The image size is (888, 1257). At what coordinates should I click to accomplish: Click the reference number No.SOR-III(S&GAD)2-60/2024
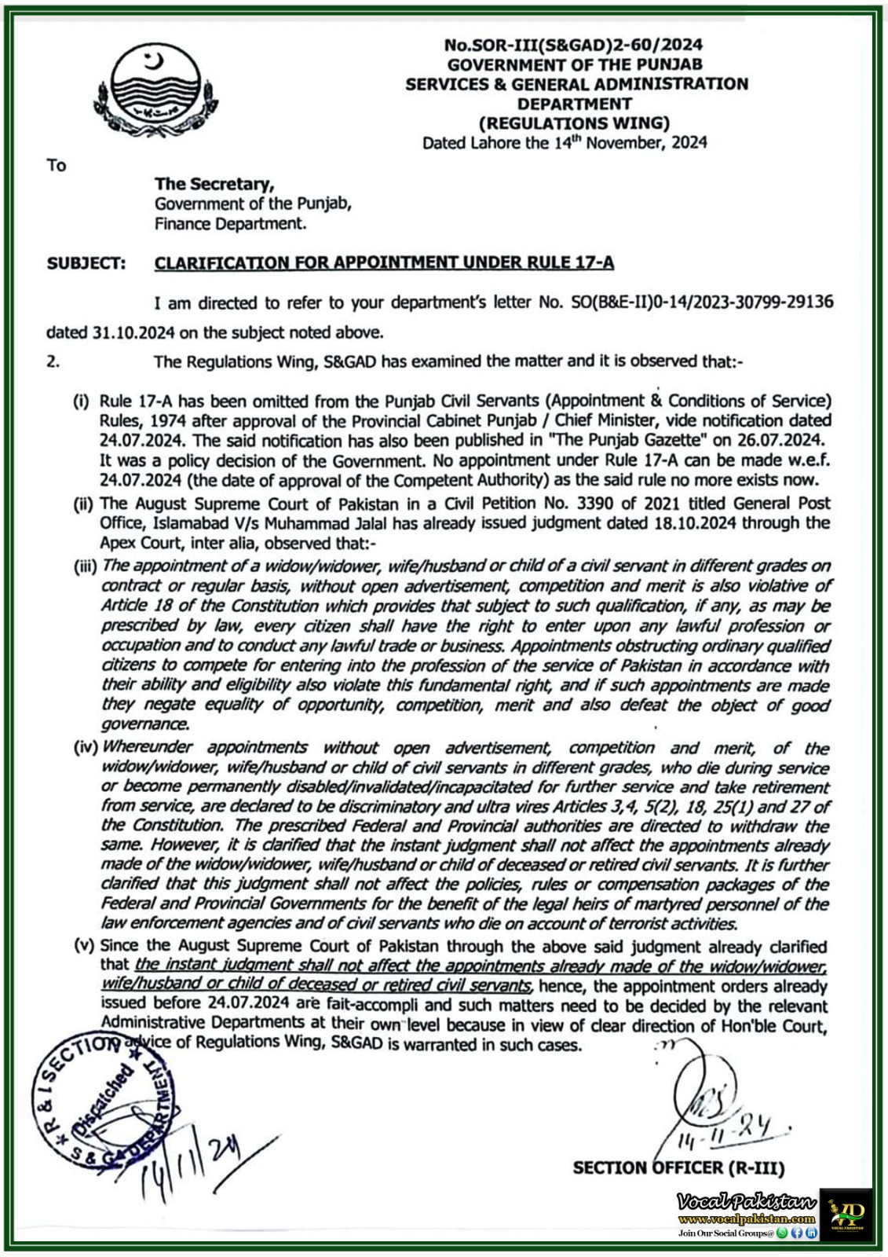[573, 45]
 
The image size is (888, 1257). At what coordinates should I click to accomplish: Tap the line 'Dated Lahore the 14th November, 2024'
[565, 143]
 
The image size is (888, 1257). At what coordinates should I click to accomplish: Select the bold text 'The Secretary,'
[214, 184]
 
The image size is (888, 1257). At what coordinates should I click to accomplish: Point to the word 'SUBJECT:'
[86, 263]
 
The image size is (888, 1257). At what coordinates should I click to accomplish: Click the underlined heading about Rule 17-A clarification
[384, 263]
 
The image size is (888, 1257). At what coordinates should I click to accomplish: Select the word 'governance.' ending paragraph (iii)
[144, 724]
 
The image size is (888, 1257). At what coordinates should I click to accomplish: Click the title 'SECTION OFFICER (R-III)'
[678, 1168]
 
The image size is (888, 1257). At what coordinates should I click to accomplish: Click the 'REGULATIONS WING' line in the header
[575, 123]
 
